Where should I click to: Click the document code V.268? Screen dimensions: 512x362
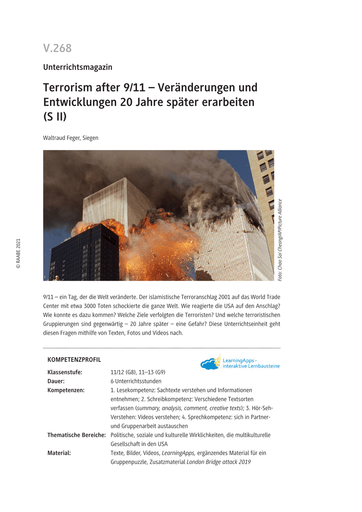57,48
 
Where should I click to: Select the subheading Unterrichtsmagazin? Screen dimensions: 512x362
77,67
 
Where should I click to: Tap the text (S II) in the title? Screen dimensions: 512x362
55,116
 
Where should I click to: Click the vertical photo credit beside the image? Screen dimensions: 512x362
280,240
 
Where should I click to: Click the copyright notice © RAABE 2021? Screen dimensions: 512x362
18,253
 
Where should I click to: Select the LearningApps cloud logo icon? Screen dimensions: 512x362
210,363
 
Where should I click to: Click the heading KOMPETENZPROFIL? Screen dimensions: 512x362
74,360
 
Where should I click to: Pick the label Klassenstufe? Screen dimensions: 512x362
65,372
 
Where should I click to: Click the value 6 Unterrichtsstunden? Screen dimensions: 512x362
136,381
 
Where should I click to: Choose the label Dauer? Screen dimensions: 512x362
56,381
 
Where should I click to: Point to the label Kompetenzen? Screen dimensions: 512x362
66,390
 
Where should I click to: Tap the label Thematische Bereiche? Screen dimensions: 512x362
76,435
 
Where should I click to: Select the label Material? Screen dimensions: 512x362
59,453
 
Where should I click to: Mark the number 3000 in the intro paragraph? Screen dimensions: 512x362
123,305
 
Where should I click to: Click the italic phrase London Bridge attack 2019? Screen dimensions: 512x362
219,462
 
